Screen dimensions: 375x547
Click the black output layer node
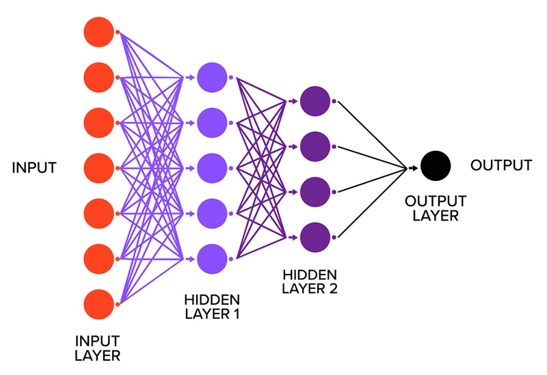point(436,166)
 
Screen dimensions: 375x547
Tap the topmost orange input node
point(98,31)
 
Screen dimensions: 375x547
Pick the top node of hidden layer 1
point(211,77)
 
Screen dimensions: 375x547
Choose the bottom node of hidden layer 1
point(211,259)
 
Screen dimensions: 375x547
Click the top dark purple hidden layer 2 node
point(315,100)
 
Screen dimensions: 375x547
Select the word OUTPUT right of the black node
point(501,165)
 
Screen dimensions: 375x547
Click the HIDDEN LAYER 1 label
point(212,307)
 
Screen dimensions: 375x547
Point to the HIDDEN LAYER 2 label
point(310,281)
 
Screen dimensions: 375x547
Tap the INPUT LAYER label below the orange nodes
point(97,348)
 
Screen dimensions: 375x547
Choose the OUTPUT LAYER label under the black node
point(436,208)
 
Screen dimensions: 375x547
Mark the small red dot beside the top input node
point(118,32)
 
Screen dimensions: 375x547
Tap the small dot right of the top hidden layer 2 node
point(334,101)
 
